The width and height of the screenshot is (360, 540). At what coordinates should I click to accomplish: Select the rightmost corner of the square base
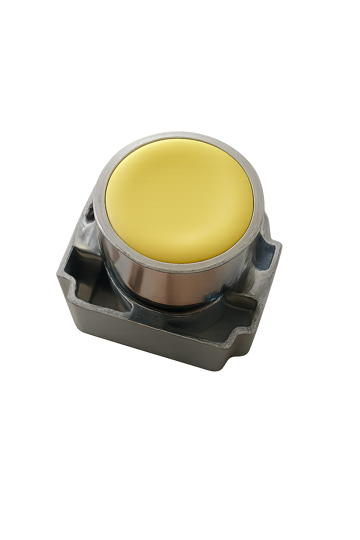281,246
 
